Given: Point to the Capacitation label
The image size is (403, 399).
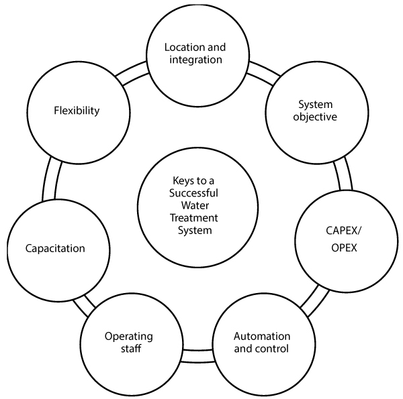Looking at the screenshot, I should tap(56, 248).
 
